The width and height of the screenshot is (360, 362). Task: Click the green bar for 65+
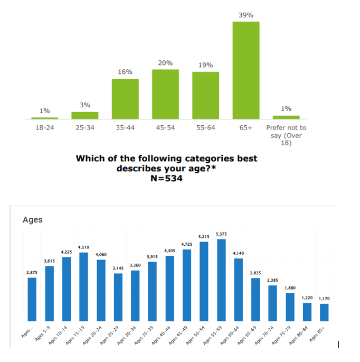pyautogui.click(x=246, y=70)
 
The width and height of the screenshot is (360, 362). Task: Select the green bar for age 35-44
pyautogui.click(x=125, y=99)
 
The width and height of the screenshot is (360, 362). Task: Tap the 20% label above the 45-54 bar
pyautogui.click(x=165, y=63)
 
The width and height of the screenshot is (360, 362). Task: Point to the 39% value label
pyautogui.click(x=245, y=15)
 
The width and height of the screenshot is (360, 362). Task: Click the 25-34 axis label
pyautogui.click(x=84, y=128)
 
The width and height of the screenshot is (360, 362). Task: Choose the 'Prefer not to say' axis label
pyautogui.click(x=286, y=135)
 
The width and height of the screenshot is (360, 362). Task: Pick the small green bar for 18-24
pyautogui.click(x=45, y=118)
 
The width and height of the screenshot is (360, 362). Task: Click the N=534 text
pyautogui.click(x=167, y=178)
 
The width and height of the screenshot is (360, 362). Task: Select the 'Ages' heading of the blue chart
pyautogui.click(x=33, y=220)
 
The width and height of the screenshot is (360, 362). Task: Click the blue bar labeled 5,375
pyautogui.click(x=221, y=280)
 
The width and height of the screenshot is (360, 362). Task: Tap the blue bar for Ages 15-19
pyautogui.click(x=83, y=286)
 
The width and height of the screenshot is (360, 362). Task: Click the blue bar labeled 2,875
pyautogui.click(x=32, y=299)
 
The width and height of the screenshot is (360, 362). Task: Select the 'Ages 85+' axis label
pyautogui.click(x=320, y=334)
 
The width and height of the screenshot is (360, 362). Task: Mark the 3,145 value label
pyautogui.click(x=118, y=268)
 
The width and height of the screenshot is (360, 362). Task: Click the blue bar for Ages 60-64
pyautogui.click(x=239, y=290)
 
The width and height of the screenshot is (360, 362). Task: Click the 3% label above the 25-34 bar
pyautogui.click(x=84, y=105)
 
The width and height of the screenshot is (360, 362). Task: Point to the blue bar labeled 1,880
pyautogui.click(x=290, y=307)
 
